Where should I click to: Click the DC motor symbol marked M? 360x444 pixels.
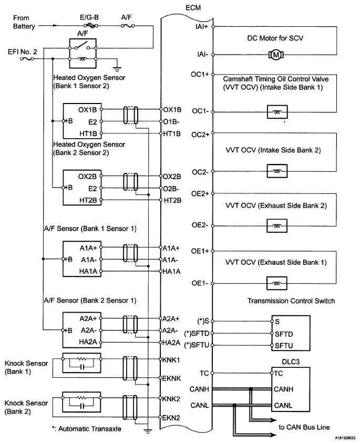[276, 55]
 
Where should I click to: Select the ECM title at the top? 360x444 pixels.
[193, 8]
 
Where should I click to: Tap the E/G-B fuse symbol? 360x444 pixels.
[91, 26]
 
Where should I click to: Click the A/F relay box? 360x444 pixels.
[83, 53]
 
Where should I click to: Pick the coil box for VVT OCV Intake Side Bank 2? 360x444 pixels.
[277, 171]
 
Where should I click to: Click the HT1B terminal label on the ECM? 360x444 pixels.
[172, 133]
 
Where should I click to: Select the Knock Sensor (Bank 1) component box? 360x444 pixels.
[81, 363]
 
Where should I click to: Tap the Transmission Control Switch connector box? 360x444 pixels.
[291, 333]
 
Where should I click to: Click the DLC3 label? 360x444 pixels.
[291, 362]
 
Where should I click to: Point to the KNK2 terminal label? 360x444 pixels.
[171, 399]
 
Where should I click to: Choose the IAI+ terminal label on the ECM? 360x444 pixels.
[202, 27]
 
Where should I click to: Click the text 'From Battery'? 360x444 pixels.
[24, 22]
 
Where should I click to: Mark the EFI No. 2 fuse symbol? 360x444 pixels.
[27, 59]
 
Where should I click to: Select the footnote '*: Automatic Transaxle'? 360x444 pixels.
[86, 429]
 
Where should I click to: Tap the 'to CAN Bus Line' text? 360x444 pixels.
[304, 427]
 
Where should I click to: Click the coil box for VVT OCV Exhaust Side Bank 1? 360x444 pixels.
[277, 283]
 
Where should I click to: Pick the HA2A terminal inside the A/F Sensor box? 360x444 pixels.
[88, 342]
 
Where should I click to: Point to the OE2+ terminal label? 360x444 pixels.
[200, 194]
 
